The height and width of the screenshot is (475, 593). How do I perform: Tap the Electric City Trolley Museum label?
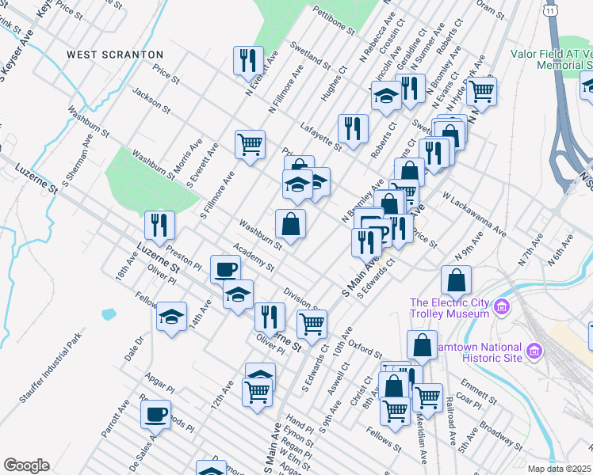[x=449, y=308]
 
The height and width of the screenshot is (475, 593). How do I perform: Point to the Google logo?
[x=26, y=465]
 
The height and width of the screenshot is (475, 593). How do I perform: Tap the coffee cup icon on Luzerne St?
[x=225, y=269]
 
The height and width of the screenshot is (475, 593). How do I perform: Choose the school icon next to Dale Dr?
[x=171, y=317]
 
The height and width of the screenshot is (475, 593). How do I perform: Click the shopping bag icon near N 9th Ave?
[x=457, y=279]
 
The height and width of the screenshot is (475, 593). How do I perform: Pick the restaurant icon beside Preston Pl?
[x=160, y=225]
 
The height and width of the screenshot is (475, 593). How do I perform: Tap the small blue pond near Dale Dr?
[x=107, y=314]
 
